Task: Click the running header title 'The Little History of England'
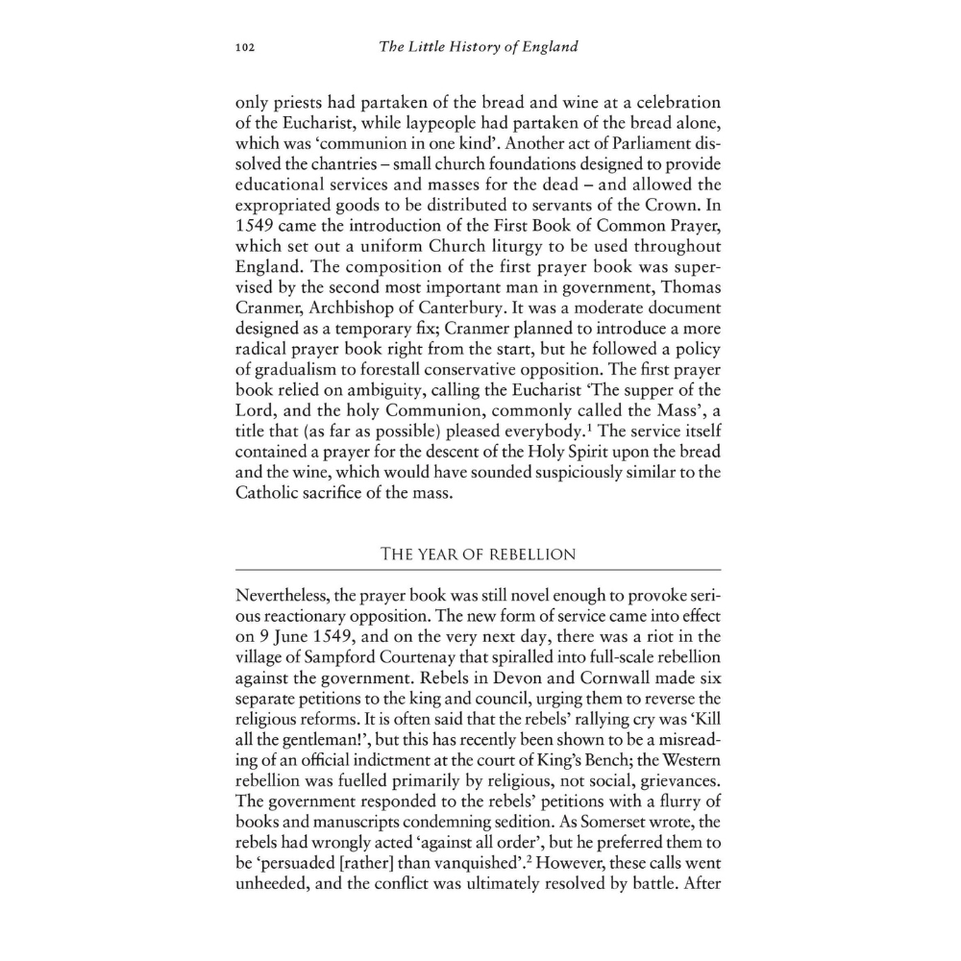[479, 46]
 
